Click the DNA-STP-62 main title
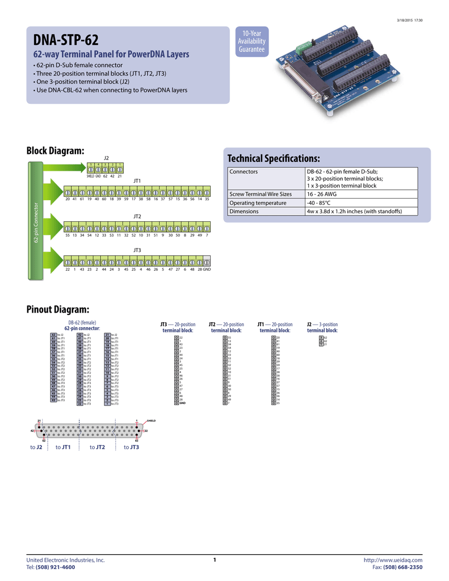coord(66,40)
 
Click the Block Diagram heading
coord(56,150)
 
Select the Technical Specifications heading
coord(274,157)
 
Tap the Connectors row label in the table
coord(244,171)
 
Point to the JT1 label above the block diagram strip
coord(137,180)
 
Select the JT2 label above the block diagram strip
coord(137,217)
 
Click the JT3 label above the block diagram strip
coord(137,250)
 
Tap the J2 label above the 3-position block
coord(106,157)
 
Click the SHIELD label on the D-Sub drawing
coord(151,421)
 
